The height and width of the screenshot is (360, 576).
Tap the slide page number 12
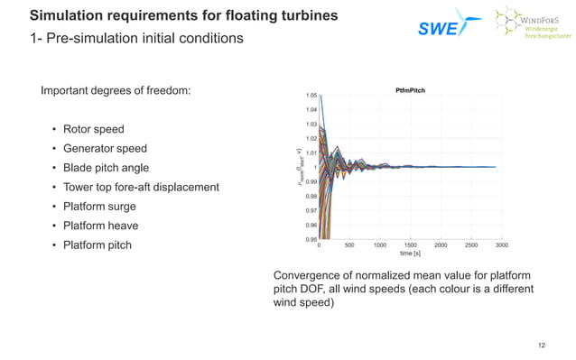[542, 346]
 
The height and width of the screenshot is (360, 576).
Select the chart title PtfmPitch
[412, 90]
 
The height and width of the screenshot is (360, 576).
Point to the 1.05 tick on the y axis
[311, 96]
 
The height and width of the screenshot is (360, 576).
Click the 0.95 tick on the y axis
[311, 239]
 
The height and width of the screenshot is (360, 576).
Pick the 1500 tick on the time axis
[411, 245]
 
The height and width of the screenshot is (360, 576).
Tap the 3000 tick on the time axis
[501, 245]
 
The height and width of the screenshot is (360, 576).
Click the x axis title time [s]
[412, 254]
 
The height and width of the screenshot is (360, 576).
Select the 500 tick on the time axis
[349, 245]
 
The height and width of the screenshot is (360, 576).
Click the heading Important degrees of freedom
[115, 91]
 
